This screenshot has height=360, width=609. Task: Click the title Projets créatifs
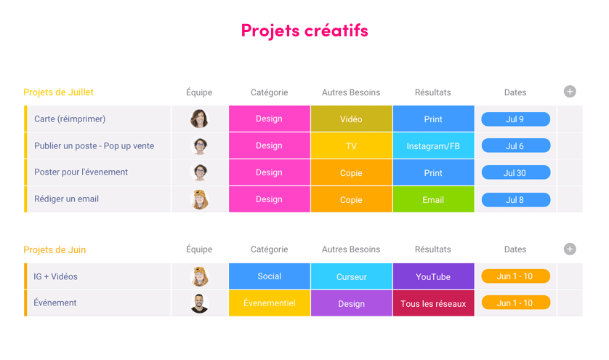304,31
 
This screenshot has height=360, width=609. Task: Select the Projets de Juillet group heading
58,92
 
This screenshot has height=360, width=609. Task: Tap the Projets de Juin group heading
55,249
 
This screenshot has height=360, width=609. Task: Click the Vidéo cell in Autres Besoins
351,119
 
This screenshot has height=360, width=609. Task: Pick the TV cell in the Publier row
351,146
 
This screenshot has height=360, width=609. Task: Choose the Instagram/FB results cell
433,146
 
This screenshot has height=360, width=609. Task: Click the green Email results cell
433,199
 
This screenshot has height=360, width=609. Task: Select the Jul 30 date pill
515,173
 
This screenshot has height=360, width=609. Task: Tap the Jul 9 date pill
515,119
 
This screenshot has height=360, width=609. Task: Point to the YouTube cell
433,276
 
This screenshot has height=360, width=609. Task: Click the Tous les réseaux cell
433,303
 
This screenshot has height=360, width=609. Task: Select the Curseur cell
351,276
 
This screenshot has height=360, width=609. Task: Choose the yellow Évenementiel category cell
269,303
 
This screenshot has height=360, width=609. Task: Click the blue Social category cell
269,276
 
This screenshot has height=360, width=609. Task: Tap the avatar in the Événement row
199,303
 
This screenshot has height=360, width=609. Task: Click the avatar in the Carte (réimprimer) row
199,119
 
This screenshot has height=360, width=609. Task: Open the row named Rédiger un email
66,199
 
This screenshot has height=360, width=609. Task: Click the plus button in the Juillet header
570,92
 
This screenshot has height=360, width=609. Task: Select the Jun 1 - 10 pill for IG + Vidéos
515,276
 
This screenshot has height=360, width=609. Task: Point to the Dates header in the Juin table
515,249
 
